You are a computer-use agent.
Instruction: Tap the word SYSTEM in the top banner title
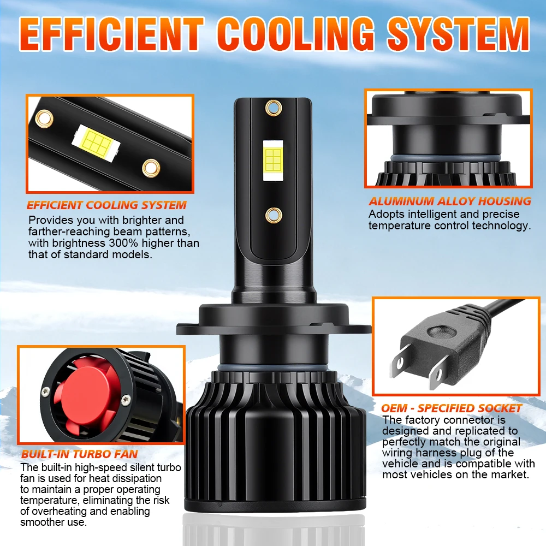pyautogui.click(x=459, y=33)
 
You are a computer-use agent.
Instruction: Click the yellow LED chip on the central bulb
pyautogui.click(x=274, y=160)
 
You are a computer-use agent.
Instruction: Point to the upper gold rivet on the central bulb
pyautogui.click(x=274, y=108)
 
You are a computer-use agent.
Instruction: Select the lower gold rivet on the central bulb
pyautogui.click(x=274, y=216)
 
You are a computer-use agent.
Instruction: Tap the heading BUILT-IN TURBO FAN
pyautogui.click(x=79, y=454)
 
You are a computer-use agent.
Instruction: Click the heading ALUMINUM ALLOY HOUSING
pyautogui.click(x=450, y=201)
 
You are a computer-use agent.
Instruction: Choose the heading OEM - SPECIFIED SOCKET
pyautogui.click(x=452, y=408)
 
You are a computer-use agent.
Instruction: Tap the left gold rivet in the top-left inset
pyautogui.click(x=44, y=118)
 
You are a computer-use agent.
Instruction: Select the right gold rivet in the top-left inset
pyautogui.click(x=151, y=168)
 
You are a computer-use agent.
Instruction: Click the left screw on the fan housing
pyautogui.click(x=45, y=392)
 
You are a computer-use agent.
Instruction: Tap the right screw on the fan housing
pyautogui.click(x=126, y=400)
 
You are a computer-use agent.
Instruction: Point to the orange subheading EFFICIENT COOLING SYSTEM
pyautogui.click(x=106, y=205)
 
